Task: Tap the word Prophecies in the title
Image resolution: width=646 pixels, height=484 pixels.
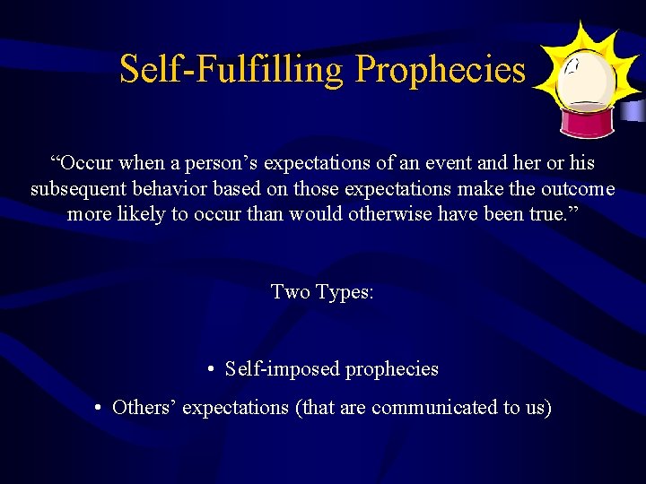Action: coord(440,69)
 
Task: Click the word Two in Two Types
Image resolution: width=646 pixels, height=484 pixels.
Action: coord(290,291)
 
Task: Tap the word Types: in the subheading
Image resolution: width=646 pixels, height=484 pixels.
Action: coord(345,291)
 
